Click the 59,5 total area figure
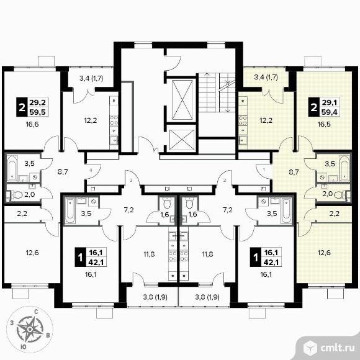[38, 112]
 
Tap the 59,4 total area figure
[329, 112]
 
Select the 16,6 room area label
[32, 125]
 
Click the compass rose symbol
[29, 329]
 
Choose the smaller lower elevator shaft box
[182, 139]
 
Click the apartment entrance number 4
[91, 170]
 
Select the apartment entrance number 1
[264, 170]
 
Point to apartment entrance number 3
[131, 180]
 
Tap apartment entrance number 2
[225, 180]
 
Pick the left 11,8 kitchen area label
[149, 254]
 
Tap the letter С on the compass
[36, 312]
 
